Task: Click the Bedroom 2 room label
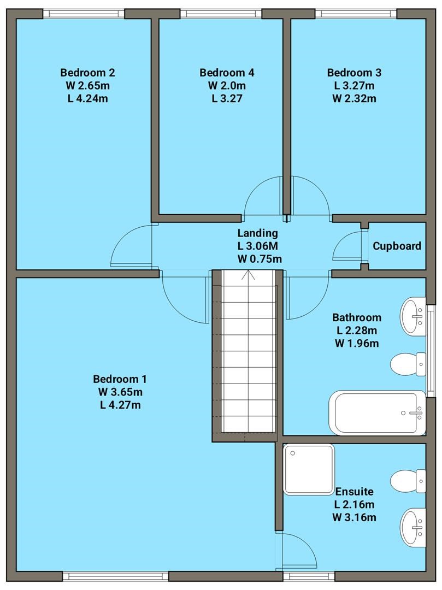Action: (87, 73)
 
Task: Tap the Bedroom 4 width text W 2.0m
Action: (227, 86)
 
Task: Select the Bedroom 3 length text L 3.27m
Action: (354, 86)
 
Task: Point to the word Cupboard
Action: (397, 246)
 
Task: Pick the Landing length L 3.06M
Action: (259, 246)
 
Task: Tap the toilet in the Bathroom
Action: (407, 364)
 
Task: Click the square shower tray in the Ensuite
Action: (308, 469)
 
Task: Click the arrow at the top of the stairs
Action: (251, 274)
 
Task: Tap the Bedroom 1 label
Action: (120, 379)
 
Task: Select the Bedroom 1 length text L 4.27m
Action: (120, 405)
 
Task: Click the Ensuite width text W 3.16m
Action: (355, 517)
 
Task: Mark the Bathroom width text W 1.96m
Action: (356, 343)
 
